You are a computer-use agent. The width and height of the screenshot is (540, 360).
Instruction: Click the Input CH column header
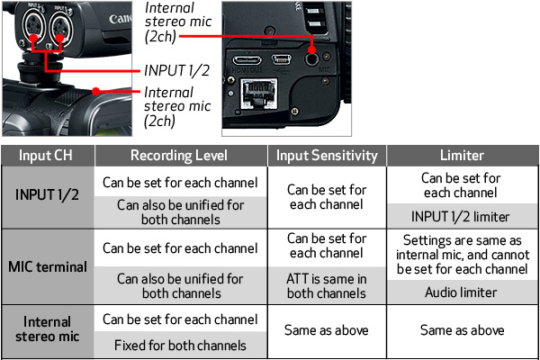pos(46,156)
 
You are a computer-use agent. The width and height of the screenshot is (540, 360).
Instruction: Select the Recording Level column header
pos(179,156)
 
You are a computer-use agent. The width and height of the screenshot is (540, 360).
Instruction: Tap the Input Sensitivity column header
pos(327,156)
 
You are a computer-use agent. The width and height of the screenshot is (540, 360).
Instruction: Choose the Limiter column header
pos(462,156)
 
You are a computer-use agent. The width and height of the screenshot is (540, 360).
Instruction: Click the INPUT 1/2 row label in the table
pos(47,195)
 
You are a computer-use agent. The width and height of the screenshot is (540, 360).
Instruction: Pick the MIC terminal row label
pos(48,267)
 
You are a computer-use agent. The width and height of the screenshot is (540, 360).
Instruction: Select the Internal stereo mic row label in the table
pos(47,329)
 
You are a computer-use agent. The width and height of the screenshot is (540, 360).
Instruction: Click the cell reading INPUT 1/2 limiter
pos(461,217)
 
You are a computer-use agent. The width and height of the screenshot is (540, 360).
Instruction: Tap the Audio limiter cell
pos(461,292)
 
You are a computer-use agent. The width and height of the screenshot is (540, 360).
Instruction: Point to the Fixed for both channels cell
pos(180,346)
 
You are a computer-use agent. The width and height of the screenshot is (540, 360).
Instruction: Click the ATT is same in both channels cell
pos(327,286)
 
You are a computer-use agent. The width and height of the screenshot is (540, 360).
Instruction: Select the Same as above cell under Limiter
pos(463,330)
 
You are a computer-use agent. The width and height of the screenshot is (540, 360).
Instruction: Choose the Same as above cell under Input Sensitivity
pos(327,330)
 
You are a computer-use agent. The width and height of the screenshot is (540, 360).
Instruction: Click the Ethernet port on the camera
pos(258,94)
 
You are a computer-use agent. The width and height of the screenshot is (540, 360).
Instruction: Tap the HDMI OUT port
pos(247,60)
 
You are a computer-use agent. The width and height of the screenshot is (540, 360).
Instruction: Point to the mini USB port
pos(282,59)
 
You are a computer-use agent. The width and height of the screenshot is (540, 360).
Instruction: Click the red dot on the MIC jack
pos(311,50)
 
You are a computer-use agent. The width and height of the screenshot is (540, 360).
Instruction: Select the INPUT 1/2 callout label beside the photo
pos(177,70)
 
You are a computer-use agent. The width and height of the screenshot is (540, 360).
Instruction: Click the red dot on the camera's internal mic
pos(96,91)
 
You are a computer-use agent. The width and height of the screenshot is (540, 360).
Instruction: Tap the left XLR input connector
pos(33,25)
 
